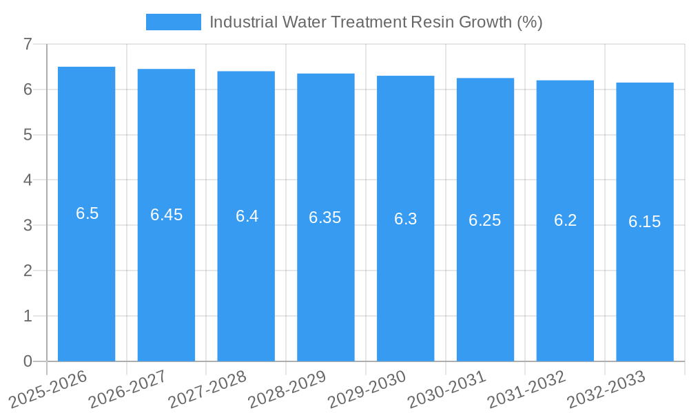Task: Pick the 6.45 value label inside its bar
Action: coord(167,215)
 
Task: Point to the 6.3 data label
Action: coord(406,219)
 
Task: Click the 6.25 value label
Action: coord(485,220)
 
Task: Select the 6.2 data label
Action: coord(565,220)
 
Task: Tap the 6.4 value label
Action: coord(247,216)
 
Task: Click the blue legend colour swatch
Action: coord(174,22)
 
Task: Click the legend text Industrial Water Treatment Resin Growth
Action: coord(376,22)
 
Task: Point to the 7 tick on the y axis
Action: coord(28,44)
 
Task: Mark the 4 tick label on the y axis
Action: coord(28,180)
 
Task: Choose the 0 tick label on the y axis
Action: coord(28,361)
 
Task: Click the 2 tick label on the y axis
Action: coord(28,271)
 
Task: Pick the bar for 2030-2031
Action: coord(485,289)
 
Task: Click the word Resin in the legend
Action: coord(429,22)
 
